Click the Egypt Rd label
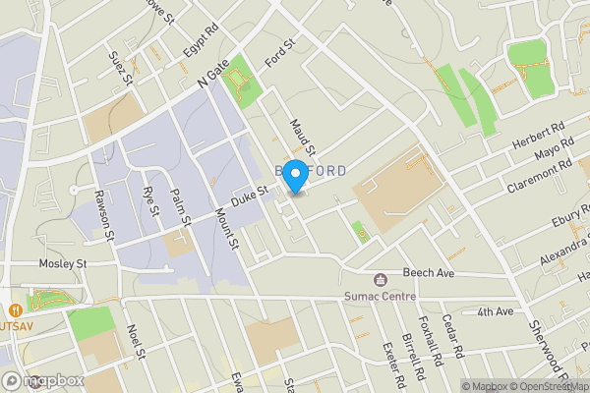pos(200,41)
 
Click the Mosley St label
pos(63,264)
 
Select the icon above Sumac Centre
pos(381,279)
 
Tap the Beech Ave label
pos(428,272)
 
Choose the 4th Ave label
pos(496,311)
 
